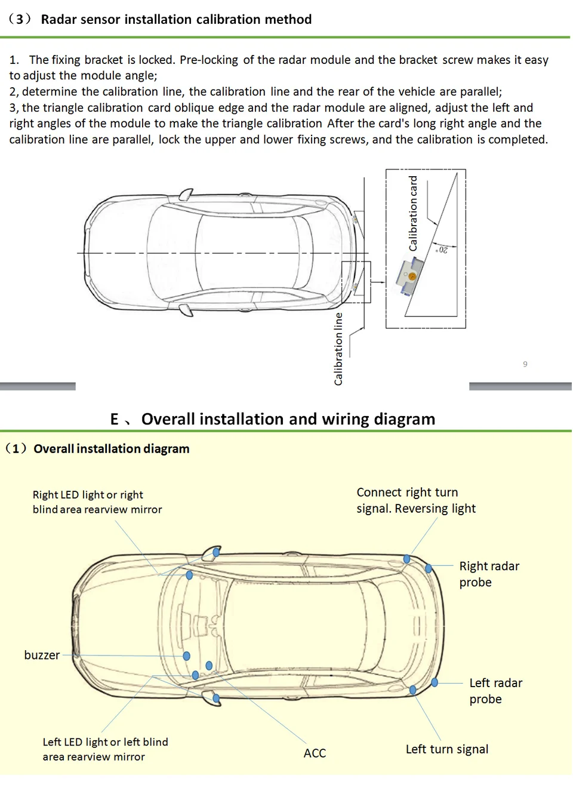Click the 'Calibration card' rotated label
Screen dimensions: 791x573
pyautogui.click(x=413, y=213)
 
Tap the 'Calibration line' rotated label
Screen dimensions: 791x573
pyautogui.click(x=338, y=349)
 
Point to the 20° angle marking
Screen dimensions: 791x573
pyautogui.click(x=442, y=250)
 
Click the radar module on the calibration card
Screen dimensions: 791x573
pyautogui.click(x=411, y=275)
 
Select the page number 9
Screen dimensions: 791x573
pyautogui.click(x=525, y=364)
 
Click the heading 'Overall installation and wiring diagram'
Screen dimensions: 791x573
pyautogui.click(x=288, y=419)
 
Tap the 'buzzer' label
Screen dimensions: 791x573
pyautogui.click(x=42, y=655)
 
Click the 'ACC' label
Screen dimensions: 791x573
pyautogui.click(x=315, y=753)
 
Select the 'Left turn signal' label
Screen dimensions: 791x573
pyautogui.click(x=447, y=749)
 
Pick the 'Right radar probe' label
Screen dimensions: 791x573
pyautogui.click(x=489, y=574)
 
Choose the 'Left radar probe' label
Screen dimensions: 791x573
pyautogui.click(x=495, y=691)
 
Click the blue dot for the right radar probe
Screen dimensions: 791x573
pyautogui.click(x=429, y=568)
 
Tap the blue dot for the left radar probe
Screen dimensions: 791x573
pyautogui.click(x=435, y=682)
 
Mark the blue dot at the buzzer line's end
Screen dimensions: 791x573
pyautogui.click(x=186, y=656)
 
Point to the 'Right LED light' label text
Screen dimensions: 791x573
pyautogui.click(x=88, y=495)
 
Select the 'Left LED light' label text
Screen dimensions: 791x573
pyautogui.click(x=105, y=742)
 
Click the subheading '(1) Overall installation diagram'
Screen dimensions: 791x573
pyautogui.click(x=97, y=449)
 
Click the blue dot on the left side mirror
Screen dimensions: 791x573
pyautogui.click(x=216, y=698)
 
